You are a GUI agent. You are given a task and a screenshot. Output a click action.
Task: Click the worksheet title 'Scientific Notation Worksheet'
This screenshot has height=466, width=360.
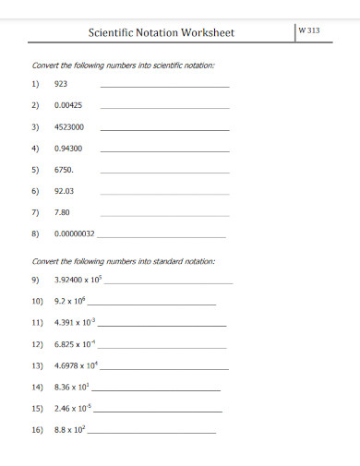(x=161, y=32)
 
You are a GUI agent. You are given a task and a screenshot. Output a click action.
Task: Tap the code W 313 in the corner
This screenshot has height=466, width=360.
(x=310, y=30)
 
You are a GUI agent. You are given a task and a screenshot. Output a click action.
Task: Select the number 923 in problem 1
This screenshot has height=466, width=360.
(x=61, y=84)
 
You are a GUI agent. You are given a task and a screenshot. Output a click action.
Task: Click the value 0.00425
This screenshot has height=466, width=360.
(x=68, y=105)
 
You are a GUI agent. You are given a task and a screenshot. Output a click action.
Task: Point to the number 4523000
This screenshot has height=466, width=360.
(x=69, y=126)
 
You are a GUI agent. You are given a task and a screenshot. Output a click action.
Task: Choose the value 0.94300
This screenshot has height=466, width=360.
(x=68, y=149)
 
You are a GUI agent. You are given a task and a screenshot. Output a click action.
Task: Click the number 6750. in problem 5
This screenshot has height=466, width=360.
(x=64, y=170)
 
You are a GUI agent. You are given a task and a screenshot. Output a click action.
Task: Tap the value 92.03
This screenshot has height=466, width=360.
(x=64, y=191)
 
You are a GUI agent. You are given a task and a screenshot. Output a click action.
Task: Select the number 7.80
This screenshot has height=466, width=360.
(x=63, y=212)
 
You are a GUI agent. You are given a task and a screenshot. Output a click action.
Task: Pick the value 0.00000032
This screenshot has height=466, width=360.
(x=75, y=233)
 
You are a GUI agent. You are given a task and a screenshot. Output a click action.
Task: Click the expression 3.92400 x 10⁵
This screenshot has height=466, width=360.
(x=79, y=279)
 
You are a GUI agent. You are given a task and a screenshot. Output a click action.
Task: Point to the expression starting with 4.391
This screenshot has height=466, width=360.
(x=74, y=323)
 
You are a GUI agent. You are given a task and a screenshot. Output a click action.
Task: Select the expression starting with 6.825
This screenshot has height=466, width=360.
(x=75, y=344)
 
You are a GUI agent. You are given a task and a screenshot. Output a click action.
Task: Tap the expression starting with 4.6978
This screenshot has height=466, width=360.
(x=77, y=365)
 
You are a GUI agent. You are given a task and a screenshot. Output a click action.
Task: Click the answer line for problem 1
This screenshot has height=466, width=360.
(x=163, y=87)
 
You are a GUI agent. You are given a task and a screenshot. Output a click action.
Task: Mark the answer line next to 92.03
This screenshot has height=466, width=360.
(x=163, y=194)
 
